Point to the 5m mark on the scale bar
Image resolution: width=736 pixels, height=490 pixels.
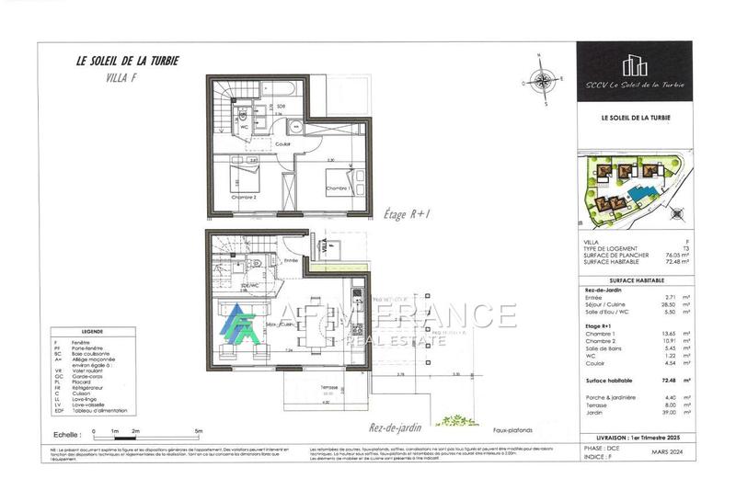pyautogui.click(x=199, y=429)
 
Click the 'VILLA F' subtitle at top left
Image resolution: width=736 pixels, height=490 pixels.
pyautogui.click(x=109, y=81)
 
